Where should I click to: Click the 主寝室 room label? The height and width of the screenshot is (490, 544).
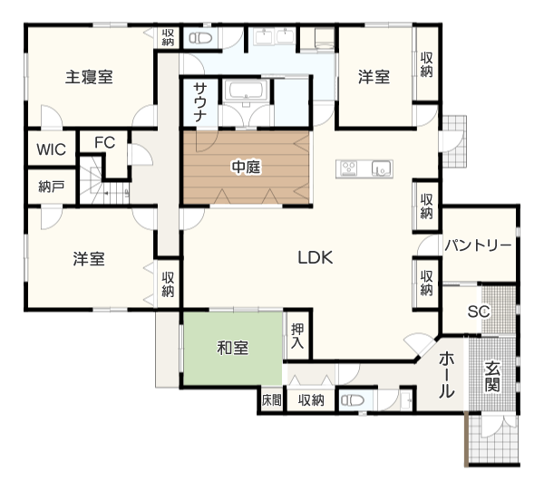(89, 77)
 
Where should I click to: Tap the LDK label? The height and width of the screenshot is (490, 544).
(316, 257)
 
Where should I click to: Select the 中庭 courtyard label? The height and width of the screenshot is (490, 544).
(246, 167)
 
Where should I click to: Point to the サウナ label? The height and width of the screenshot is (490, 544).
(200, 102)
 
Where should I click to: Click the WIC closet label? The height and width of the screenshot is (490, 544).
(52, 149)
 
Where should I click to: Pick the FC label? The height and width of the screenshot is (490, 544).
(105, 142)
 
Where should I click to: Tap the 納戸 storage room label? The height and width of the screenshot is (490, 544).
(52, 187)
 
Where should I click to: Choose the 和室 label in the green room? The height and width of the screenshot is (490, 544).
(232, 348)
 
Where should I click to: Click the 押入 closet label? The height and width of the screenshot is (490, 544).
(297, 336)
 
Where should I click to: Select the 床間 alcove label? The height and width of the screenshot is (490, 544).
(272, 400)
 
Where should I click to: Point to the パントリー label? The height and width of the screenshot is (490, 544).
(478, 245)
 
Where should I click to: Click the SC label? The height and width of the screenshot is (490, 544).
(479, 312)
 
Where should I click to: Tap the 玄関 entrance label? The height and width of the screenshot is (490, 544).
(492, 377)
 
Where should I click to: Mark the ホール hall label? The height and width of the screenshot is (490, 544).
(446, 375)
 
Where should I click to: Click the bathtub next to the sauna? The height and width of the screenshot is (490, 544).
(246, 91)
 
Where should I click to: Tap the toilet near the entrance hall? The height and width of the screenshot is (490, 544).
(352, 400)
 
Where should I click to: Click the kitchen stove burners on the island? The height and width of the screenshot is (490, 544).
(349, 168)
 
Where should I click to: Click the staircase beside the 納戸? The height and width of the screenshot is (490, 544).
(104, 187)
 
